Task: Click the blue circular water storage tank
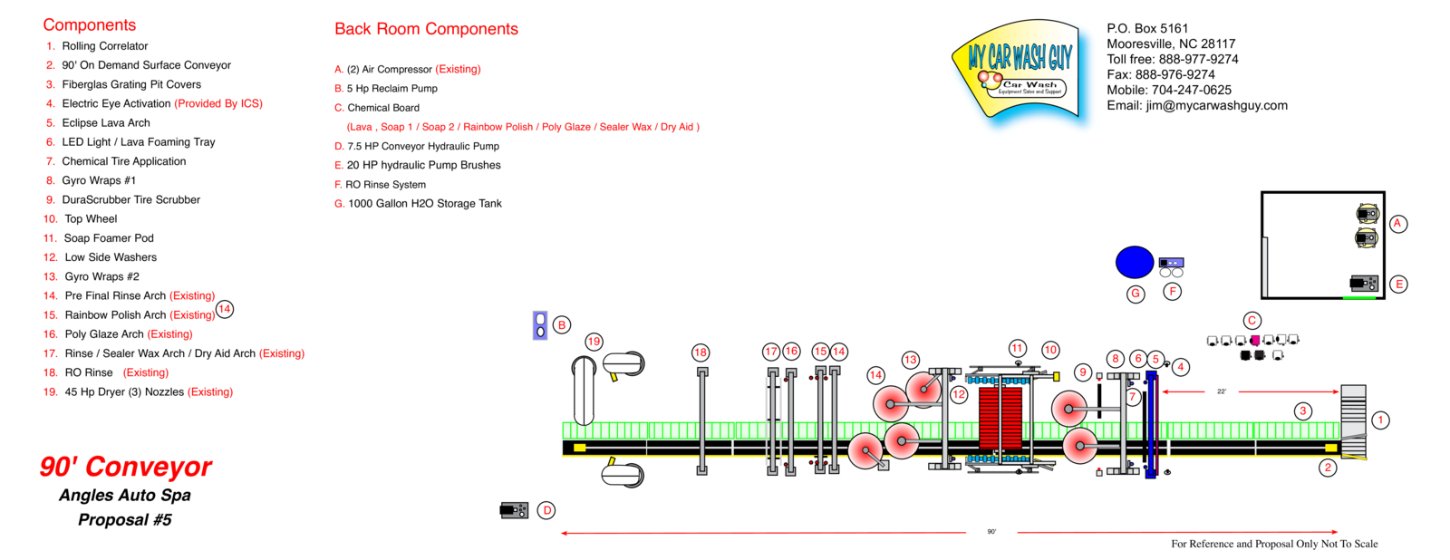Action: pos(1134,262)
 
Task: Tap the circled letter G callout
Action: pos(1136,294)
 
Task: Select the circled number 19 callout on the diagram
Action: pos(594,342)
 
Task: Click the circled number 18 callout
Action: pos(701,352)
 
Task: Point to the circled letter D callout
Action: pos(546,510)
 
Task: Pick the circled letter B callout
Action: pos(562,325)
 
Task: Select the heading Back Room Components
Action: pos(426,29)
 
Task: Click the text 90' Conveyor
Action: pos(125,467)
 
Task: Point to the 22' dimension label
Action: pos(1222,391)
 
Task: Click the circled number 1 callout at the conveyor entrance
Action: pos(1380,420)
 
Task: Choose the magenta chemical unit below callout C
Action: pos(1255,341)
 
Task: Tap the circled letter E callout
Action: pos(1399,285)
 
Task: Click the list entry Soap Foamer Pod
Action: pos(109,238)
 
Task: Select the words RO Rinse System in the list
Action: pos(385,185)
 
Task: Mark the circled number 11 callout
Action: pos(1018,349)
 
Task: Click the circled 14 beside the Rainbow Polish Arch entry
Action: pos(225,309)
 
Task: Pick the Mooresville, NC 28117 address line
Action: pos(1171,43)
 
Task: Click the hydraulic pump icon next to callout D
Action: pos(514,510)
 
